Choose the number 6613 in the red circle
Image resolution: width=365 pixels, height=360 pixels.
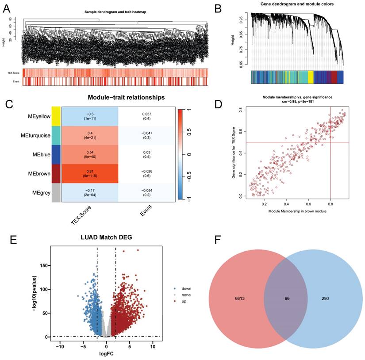click(229, 299)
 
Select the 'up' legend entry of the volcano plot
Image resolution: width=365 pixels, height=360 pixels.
click(179, 301)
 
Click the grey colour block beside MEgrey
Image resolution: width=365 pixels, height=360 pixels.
click(56, 192)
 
